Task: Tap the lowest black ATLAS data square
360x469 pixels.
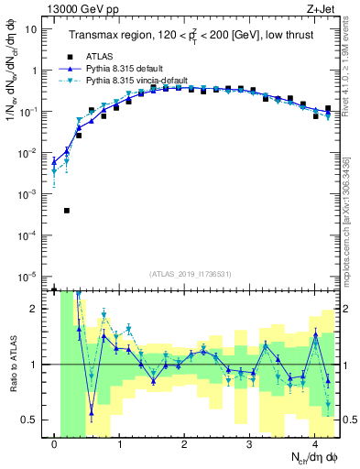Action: tap(67, 211)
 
